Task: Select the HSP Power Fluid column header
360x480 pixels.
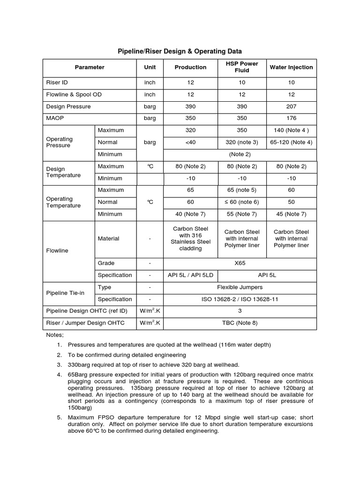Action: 242,67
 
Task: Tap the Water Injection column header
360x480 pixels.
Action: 291,67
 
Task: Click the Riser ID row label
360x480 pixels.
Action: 57,82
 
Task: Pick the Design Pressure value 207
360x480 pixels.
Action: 291,106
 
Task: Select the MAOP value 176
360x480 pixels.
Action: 291,118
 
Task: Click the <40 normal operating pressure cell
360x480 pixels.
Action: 190,142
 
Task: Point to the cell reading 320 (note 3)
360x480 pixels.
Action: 242,142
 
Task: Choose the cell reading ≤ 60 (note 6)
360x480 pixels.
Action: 242,202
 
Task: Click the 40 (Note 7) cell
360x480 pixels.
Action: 190,214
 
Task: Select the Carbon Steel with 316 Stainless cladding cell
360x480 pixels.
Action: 190,239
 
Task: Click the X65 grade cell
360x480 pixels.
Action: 240,263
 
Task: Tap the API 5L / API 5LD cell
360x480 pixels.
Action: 190,275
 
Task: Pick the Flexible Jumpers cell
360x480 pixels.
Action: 240,287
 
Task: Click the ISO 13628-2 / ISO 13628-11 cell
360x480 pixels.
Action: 240,299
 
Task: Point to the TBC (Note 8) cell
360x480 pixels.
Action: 240,323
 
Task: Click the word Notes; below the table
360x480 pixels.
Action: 54,335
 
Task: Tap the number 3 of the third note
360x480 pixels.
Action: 60,365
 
